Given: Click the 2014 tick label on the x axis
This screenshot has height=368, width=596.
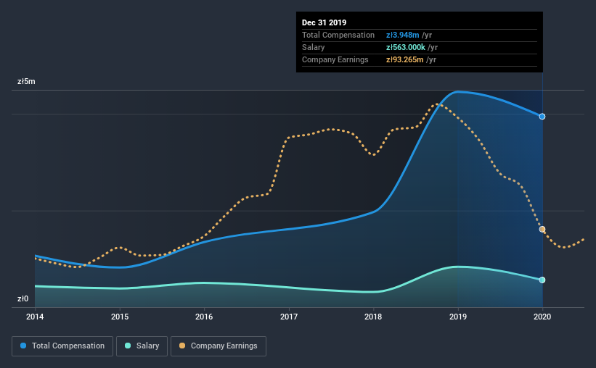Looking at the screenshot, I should point(35,317).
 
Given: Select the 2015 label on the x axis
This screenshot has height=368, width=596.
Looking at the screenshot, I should point(120,317).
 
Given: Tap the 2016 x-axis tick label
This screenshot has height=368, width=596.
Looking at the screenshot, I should point(204,317).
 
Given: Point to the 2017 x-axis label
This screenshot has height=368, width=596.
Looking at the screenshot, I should point(289,317).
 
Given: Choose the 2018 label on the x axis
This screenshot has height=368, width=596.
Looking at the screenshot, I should point(373,317).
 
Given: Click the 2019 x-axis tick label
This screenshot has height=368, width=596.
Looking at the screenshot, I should point(458,317).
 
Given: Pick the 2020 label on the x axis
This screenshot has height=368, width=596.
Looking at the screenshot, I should point(542,317).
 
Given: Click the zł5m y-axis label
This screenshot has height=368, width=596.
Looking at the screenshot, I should point(26,82).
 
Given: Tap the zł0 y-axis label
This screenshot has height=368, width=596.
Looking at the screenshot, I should point(24,298).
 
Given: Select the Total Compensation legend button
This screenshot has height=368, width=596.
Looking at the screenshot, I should point(62,346).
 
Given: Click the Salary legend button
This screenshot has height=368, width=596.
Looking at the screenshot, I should point(142,346).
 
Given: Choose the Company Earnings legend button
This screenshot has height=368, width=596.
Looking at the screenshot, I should point(218,346).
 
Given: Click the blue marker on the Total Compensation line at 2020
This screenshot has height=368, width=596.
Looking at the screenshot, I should point(542,116).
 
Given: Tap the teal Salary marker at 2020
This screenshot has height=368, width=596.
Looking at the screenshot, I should point(542,280).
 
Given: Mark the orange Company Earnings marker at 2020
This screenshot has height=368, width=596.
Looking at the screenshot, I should point(542,229).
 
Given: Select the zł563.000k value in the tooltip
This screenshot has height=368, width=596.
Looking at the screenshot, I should point(410,47).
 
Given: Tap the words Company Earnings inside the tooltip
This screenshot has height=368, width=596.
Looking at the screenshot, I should point(335,59).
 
